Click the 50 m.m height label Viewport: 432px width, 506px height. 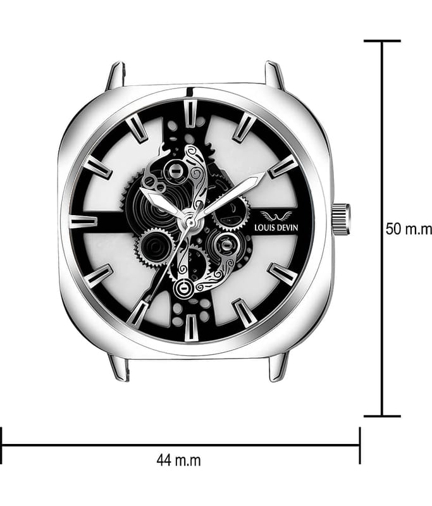(x=409, y=229)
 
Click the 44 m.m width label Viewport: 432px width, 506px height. (x=178, y=460)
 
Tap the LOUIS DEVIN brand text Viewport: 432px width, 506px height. (x=276, y=228)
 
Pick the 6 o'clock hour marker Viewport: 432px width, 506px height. (x=190, y=328)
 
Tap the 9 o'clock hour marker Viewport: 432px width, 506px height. (x=83, y=222)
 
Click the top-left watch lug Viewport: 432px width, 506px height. (x=116, y=76)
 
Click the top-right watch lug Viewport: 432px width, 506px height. (x=275, y=76)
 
